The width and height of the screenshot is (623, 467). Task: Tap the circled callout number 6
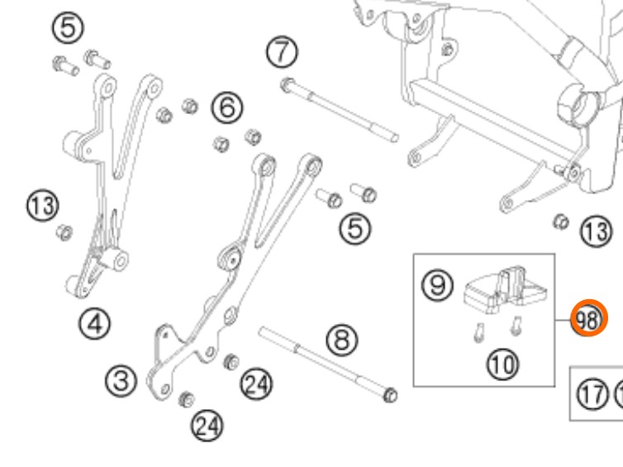pyautogui.click(x=227, y=107)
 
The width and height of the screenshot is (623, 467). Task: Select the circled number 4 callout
pyautogui.click(x=96, y=323)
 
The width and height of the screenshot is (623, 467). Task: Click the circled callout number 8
pyautogui.click(x=341, y=339)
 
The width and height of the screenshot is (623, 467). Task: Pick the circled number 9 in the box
pyautogui.click(x=437, y=286)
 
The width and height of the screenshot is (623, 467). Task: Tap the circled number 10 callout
pyautogui.click(x=499, y=363)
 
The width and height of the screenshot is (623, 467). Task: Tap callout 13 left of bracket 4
pyautogui.click(x=42, y=203)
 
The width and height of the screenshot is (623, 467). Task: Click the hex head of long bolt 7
pyautogui.click(x=286, y=83)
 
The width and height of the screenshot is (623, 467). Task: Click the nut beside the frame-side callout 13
pyautogui.click(x=559, y=222)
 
